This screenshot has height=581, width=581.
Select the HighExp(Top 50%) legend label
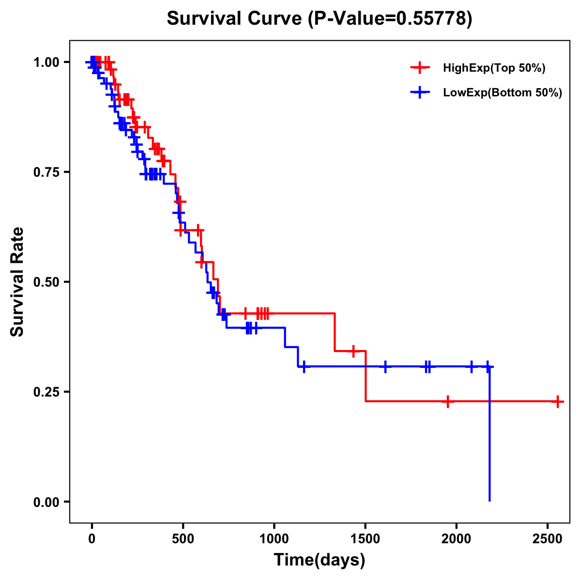click(x=494, y=68)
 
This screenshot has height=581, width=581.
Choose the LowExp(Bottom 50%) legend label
click(x=502, y=93)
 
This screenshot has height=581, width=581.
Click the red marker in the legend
click(x=420, y=68)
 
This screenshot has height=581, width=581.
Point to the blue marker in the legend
click(x=420, y=92)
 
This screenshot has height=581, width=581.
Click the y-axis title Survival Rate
click(x=17, y=281)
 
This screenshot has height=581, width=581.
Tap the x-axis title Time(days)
click(x=320, y=560)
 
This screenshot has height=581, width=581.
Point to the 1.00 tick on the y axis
click(x=46, y=62)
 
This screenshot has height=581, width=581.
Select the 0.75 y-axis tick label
click(x=46, y=172)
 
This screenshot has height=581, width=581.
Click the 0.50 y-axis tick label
click(x=46, y=282)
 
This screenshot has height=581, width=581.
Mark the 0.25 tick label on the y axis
click(x=46, y=392)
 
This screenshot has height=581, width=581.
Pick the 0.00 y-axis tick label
click(x=46, y=502)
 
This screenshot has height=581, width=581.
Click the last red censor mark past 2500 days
click(x=558, y=401)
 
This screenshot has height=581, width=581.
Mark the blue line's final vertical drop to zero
click(x=489, y=436)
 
